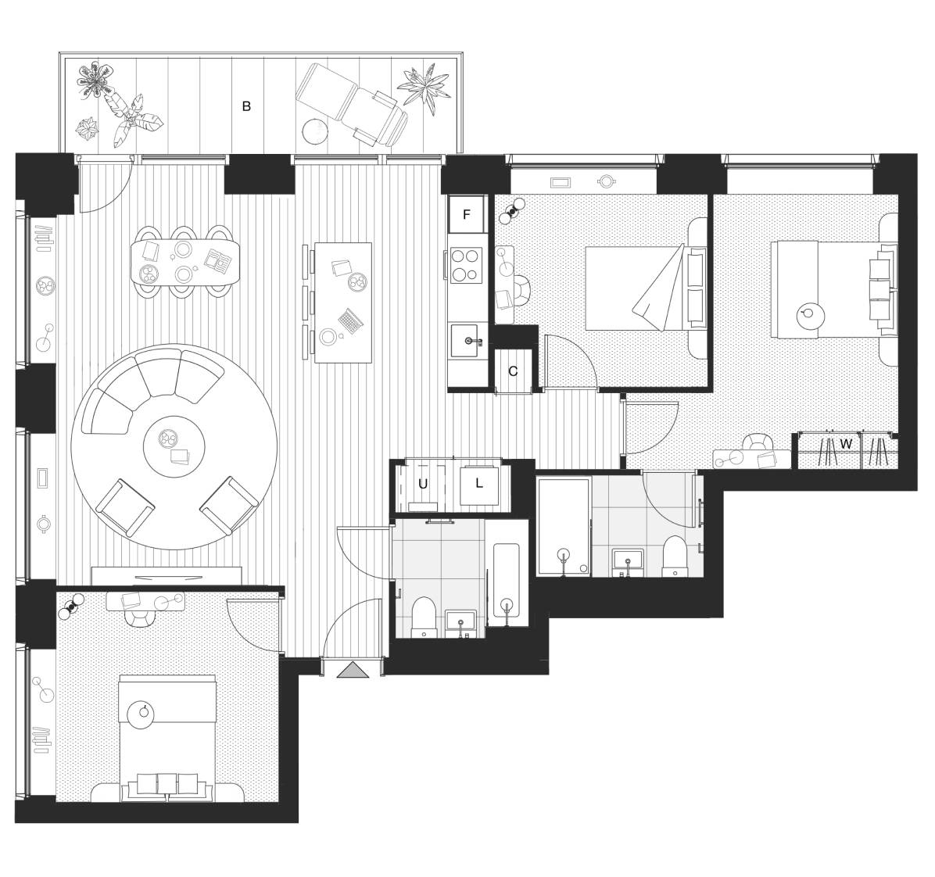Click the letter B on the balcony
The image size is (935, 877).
pyautogui.click(x=246, y=106)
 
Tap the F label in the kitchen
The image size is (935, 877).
pyautogui.click(x=467, y=215)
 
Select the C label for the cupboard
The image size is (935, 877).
pyautogui.click(x=513, y=371)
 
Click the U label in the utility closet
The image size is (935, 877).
pyautogui.click(x=422, y=484)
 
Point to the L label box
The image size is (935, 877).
pyautogui.click(x=479, y=483)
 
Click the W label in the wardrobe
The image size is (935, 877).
pyautogui.click(x=845, y=444)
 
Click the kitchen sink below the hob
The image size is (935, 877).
pyautogui.click(x=467, y=340)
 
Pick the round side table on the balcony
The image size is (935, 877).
pyautogui.click(x=314, y=130)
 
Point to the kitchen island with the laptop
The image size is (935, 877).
pyautogui.click(x=342, y=302)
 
